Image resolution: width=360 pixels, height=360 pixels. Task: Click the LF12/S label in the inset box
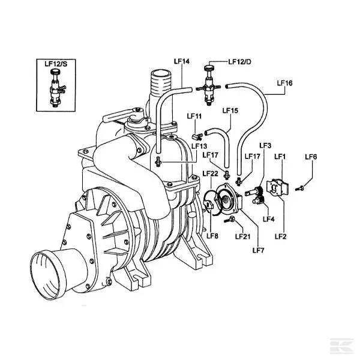click(56, 64)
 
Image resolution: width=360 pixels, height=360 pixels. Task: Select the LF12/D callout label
click(239, 62)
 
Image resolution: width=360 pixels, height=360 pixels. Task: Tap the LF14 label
click(182, 61)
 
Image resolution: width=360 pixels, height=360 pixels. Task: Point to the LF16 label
click(284, 83)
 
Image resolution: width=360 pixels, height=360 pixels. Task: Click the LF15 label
click(230, 110)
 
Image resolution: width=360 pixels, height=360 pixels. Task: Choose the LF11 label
click(194, 116)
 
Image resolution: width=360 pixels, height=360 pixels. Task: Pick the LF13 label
click(199, 146)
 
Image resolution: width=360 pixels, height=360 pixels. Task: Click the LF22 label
click(210, 173)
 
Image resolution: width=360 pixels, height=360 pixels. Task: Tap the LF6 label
click(311, 157)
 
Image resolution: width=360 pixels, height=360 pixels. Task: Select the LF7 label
click(258, 250)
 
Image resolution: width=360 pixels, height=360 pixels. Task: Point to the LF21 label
click(243, 236)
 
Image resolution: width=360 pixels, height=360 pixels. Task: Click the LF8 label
click(212, 236)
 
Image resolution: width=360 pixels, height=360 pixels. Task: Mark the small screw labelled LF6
click(299, 188)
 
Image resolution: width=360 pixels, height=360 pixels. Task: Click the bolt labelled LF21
click(230, 220)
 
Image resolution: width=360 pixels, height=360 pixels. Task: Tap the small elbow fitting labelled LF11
click(197, 137)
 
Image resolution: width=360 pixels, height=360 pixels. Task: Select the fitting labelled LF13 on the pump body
click(158, 161)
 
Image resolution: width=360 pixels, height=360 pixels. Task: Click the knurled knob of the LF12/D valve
click(209, 68)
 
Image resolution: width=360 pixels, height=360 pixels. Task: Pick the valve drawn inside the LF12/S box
click(56, 88)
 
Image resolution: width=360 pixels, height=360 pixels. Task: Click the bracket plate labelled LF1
click(277, 188)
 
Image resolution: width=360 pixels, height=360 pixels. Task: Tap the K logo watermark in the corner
click(341, 346)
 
